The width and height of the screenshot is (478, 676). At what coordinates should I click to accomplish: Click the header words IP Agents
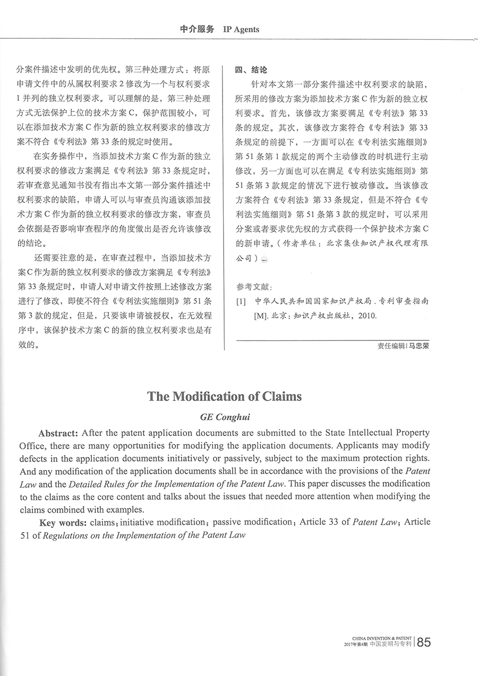tap(242, 30)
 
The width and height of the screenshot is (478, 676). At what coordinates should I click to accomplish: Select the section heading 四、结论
tap(251, 70)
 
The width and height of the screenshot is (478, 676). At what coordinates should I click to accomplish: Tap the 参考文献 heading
tap(253, 287)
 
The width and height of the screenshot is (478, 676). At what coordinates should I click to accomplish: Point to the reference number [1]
tap(241, 301)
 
